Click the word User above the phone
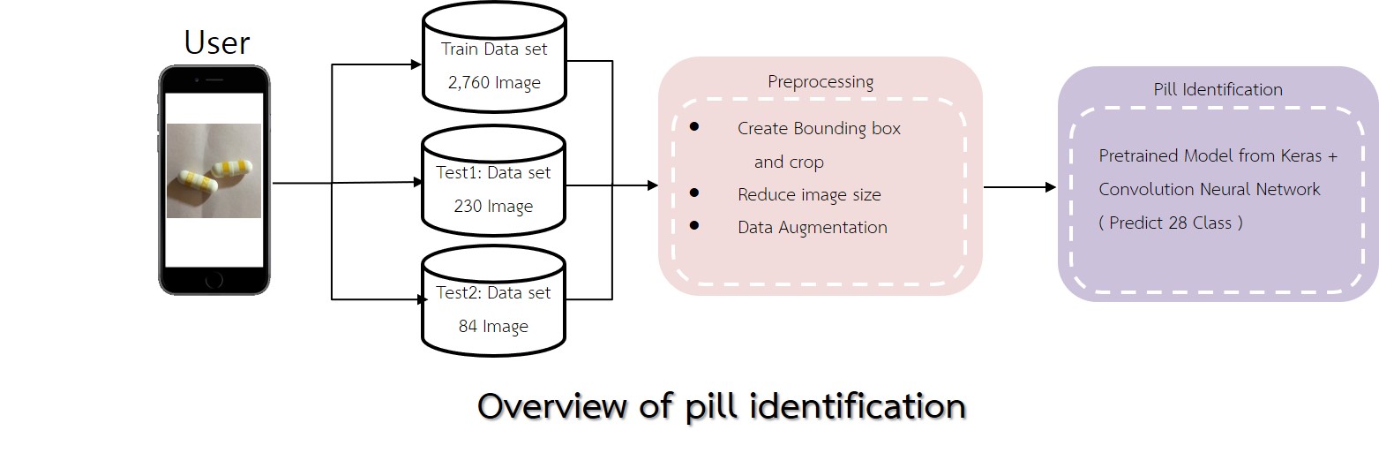tap(216, 42)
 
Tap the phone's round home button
tap(214, 280)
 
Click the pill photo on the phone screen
tap(214, 170)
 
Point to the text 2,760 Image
tap(493, 83)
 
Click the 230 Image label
tap(493, 207)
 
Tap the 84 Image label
tap(493, 327)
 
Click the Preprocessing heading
tap(821, 82)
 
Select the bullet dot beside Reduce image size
tap(694, 193)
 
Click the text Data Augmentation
tap(813, 228)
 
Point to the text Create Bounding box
tap(819, 129)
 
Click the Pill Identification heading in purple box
tap(1218, 89)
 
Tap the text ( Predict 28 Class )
tap(1171, 223)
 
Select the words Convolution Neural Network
tap(1209, 190)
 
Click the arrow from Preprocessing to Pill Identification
tap(1020, 187)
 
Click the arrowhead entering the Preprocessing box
tap(653, 185)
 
